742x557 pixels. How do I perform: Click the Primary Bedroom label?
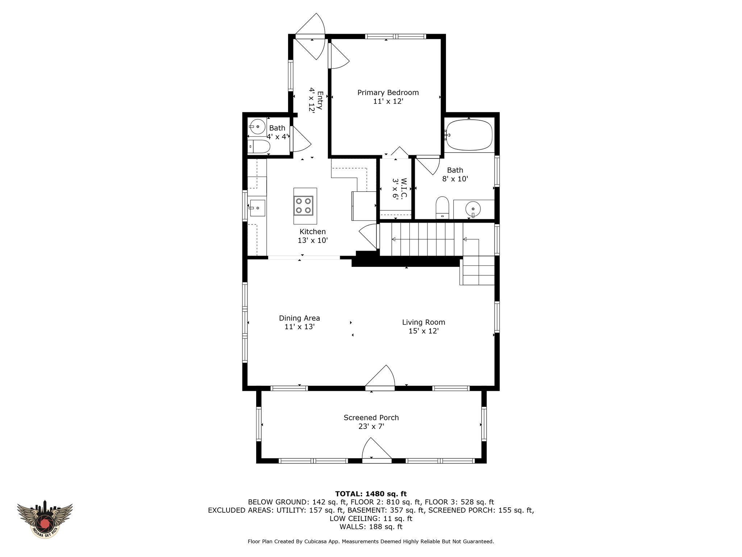[388, 92]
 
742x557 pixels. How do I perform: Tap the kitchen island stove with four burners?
[304, 206]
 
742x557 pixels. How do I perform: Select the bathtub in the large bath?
[469, 135]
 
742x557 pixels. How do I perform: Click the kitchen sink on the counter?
[257, 208]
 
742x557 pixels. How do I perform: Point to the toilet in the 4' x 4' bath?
[259, 147]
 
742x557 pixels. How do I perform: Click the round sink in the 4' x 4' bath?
[257, 127]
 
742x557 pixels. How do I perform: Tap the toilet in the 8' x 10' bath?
[442, 208]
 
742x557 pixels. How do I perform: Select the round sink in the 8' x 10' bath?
[473, 209]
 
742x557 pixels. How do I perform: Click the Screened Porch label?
[371, 418]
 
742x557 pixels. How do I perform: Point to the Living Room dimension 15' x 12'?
[424, 331]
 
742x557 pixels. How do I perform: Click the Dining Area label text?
[299, 318]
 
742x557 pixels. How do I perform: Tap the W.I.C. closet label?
[404, 188]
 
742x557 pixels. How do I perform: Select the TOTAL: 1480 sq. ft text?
[371, 494]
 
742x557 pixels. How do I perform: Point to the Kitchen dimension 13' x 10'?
[313, 240]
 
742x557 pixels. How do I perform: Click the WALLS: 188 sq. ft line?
[371, 527]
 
